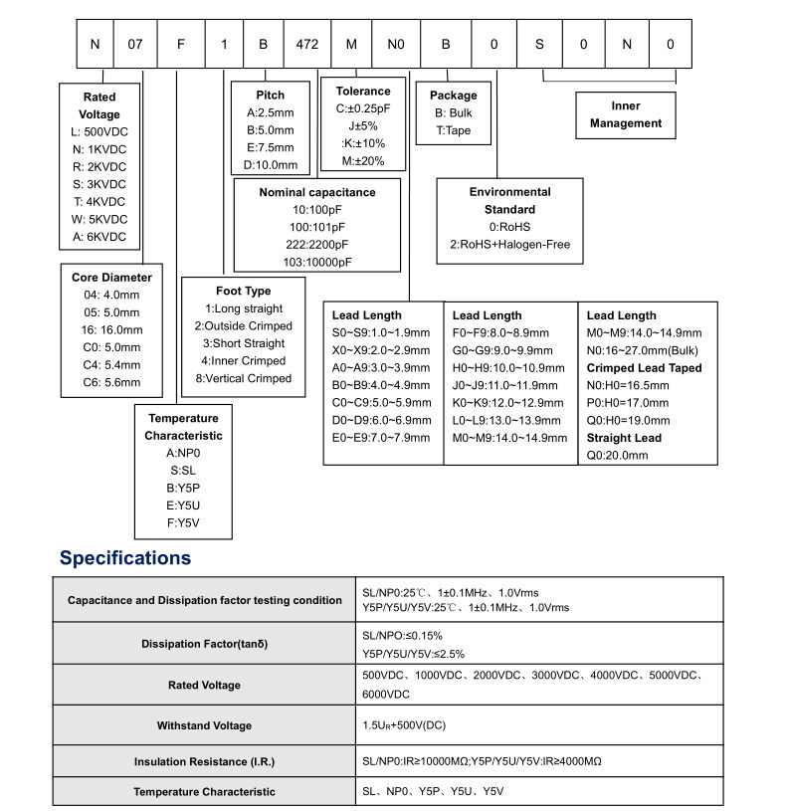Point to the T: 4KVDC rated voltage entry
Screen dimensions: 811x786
(99, 201)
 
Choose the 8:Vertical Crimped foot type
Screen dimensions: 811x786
(243, 378)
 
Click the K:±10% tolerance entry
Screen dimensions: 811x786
(362, 143)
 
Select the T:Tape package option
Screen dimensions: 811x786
(453, 130)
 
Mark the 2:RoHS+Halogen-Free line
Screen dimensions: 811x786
(509, 245)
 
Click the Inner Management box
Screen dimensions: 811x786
(625, 114)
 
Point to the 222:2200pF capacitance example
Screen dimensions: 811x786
(317, 245)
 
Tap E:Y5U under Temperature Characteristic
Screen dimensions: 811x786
(184, 505)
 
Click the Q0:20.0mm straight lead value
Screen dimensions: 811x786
(617, 455)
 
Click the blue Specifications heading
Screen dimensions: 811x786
(125, 558)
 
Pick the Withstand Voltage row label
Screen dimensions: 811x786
(204, 725)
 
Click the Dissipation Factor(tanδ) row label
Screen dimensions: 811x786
(204, 644)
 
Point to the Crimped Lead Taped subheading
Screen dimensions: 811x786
(644, 368)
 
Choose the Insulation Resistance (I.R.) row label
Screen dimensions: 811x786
(204, 761)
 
